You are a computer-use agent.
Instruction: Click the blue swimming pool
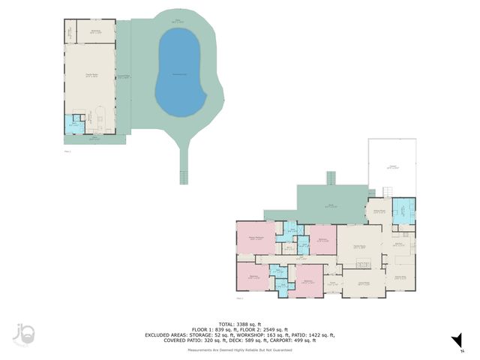tap(181, 73)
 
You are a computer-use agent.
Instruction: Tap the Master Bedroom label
tap(256, 238)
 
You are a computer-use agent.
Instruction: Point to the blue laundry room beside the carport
tap(403, 211)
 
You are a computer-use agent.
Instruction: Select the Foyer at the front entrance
tap(333, 284)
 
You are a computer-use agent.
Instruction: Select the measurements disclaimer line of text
tap(240, 349)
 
